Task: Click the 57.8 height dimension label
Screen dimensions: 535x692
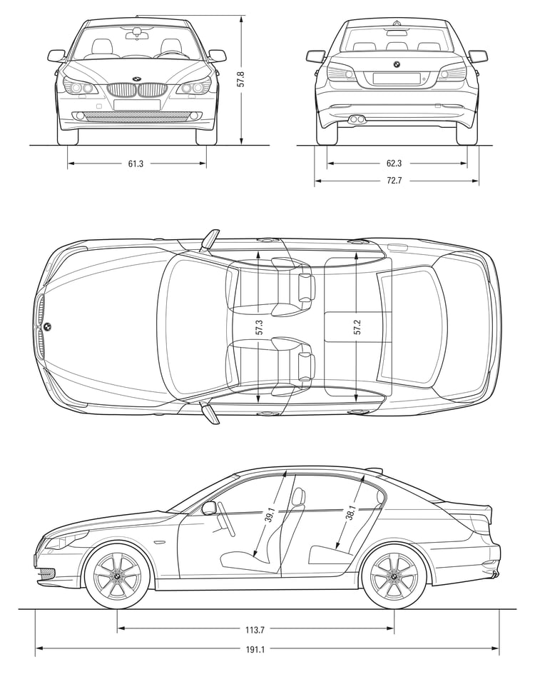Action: coord(240,79)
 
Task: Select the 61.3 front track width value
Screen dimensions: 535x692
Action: coord(136,164)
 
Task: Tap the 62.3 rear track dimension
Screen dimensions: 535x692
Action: coord(394,164)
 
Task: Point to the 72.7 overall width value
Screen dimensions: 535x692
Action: coord(394,181)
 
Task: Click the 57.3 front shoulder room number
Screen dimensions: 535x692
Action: coord(259,327)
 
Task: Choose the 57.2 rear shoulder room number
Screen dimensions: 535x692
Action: coord(357,327)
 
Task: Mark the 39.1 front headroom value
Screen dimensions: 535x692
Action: coord(269,514)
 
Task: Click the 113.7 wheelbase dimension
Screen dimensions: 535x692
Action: coord(255,630)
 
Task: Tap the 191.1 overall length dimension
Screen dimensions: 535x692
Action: coord(255,650)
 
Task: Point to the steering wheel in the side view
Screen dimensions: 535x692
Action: coord(226,519)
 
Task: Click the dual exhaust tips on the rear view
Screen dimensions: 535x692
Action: coord(357,119)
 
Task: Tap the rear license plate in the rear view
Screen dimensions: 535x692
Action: coord(396,78)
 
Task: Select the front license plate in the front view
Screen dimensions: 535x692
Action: coord(137,104)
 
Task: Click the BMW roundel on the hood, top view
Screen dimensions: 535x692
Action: coord(47,326)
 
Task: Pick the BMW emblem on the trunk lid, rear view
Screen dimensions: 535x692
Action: coord(396,64)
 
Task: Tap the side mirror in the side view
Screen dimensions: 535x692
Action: coord(209,508)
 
